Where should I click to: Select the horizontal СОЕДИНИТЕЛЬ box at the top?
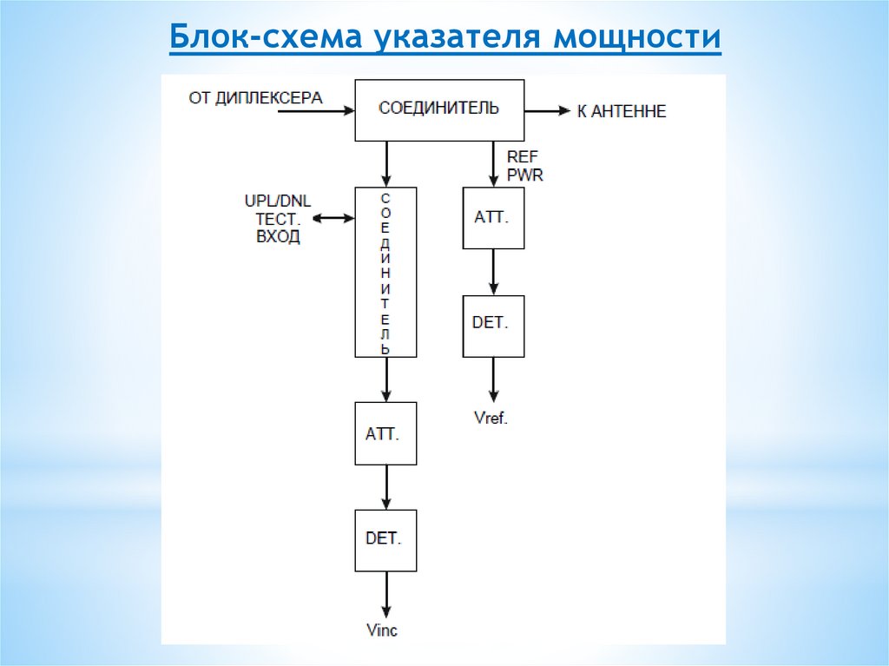click(x=439, y=109)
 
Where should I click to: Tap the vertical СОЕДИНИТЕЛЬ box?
click(x=385, y=272)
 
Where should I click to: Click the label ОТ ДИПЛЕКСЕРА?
click(x=255, y=97)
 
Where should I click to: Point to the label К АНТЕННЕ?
click(x=622, y=112)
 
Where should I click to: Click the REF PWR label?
click(x=524, y=166)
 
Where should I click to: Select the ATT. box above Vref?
click(x=493, y=217)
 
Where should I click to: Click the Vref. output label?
click(x=491, y=418)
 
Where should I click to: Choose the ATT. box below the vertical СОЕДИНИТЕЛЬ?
click(x=385, y=433)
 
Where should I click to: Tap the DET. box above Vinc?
click(x=385, y=539)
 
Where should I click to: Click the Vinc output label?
click(x=382, y=630)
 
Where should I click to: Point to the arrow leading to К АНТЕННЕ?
click(x=548, y=111)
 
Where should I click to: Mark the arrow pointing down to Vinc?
click(x=386, y=594)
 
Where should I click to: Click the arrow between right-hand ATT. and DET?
click(x=493, y=272)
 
